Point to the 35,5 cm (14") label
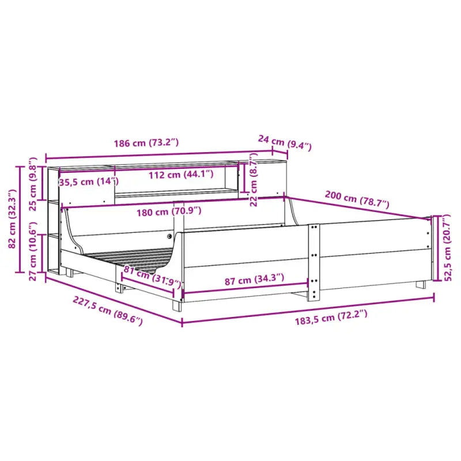(x=88, y=182)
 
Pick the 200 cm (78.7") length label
(x=357, y=199)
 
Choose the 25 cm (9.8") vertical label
(x=33, y=184)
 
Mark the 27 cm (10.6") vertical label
(x=33, y=253)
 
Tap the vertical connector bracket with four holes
(x=314, y=262)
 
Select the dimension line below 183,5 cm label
(x=308, y=309)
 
